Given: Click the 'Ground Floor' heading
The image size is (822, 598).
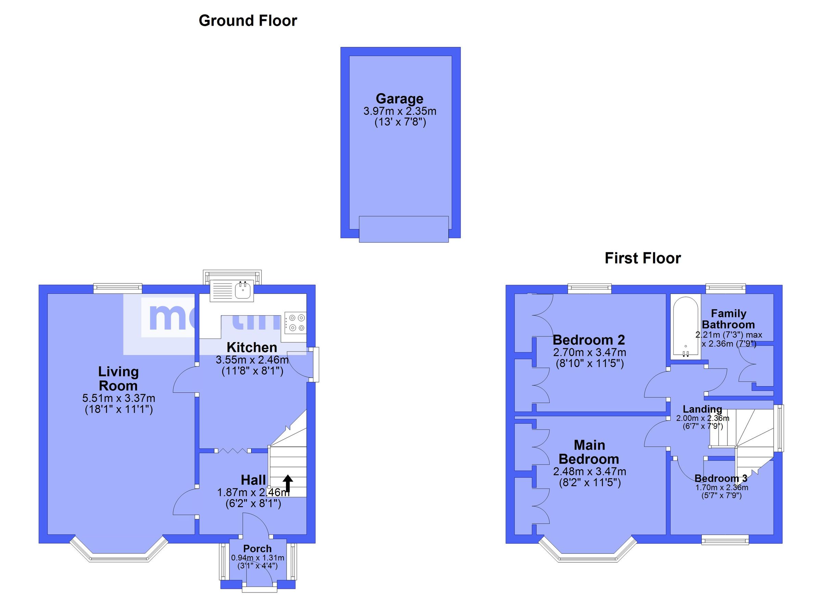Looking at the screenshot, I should click(x=248, y=21).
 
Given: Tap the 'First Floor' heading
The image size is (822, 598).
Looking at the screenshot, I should click(x=643, y=258).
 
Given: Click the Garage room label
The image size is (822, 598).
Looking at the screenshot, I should click(x=399, y=99).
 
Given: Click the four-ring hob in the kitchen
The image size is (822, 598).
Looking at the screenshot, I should click(x=295, y=323).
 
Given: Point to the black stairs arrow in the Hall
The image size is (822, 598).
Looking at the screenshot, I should click(x=288, y=484).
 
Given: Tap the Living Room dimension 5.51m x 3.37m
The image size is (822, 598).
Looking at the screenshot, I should click(x=119, y=398).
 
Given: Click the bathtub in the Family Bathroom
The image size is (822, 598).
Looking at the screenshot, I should click(x=685, y=327).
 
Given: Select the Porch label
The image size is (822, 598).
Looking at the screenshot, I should click(x=257, y=549).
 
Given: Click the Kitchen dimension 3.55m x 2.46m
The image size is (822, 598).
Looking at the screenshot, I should click(x=252, y=360).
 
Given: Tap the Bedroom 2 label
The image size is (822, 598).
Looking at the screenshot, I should click(x=589, y=340).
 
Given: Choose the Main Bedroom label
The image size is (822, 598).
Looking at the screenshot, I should click(x=589, y=452).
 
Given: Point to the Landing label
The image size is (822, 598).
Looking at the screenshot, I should click(x=702, y=409).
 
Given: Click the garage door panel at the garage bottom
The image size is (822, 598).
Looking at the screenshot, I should click(x=403, y=229).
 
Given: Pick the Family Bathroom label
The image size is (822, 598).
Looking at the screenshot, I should click(x=728, y=319).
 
